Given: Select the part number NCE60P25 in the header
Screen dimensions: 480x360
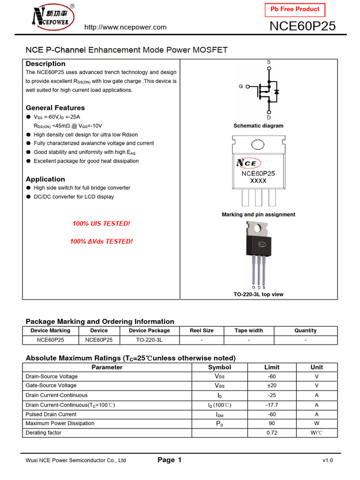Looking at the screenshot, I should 303,27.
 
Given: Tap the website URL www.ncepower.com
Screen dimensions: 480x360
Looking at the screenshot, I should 125,27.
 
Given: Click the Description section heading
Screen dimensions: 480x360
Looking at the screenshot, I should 45,64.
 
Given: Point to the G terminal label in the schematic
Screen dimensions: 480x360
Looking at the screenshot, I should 241,87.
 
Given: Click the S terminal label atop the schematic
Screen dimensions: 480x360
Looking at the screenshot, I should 269,62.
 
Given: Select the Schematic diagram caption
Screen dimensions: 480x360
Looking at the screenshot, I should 258,126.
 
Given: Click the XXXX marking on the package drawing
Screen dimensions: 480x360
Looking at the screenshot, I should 258,181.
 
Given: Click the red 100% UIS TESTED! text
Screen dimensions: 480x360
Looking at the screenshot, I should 101,224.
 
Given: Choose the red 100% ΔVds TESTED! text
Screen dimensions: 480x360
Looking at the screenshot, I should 101,241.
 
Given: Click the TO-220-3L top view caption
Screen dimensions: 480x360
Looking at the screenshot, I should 258,294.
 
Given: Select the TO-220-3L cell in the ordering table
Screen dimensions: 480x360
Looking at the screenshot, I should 150,340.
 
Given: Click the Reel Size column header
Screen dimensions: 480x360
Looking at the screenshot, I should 202,330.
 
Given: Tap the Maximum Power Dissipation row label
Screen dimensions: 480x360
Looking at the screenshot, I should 60,423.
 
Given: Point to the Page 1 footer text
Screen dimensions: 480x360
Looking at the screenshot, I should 170,460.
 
